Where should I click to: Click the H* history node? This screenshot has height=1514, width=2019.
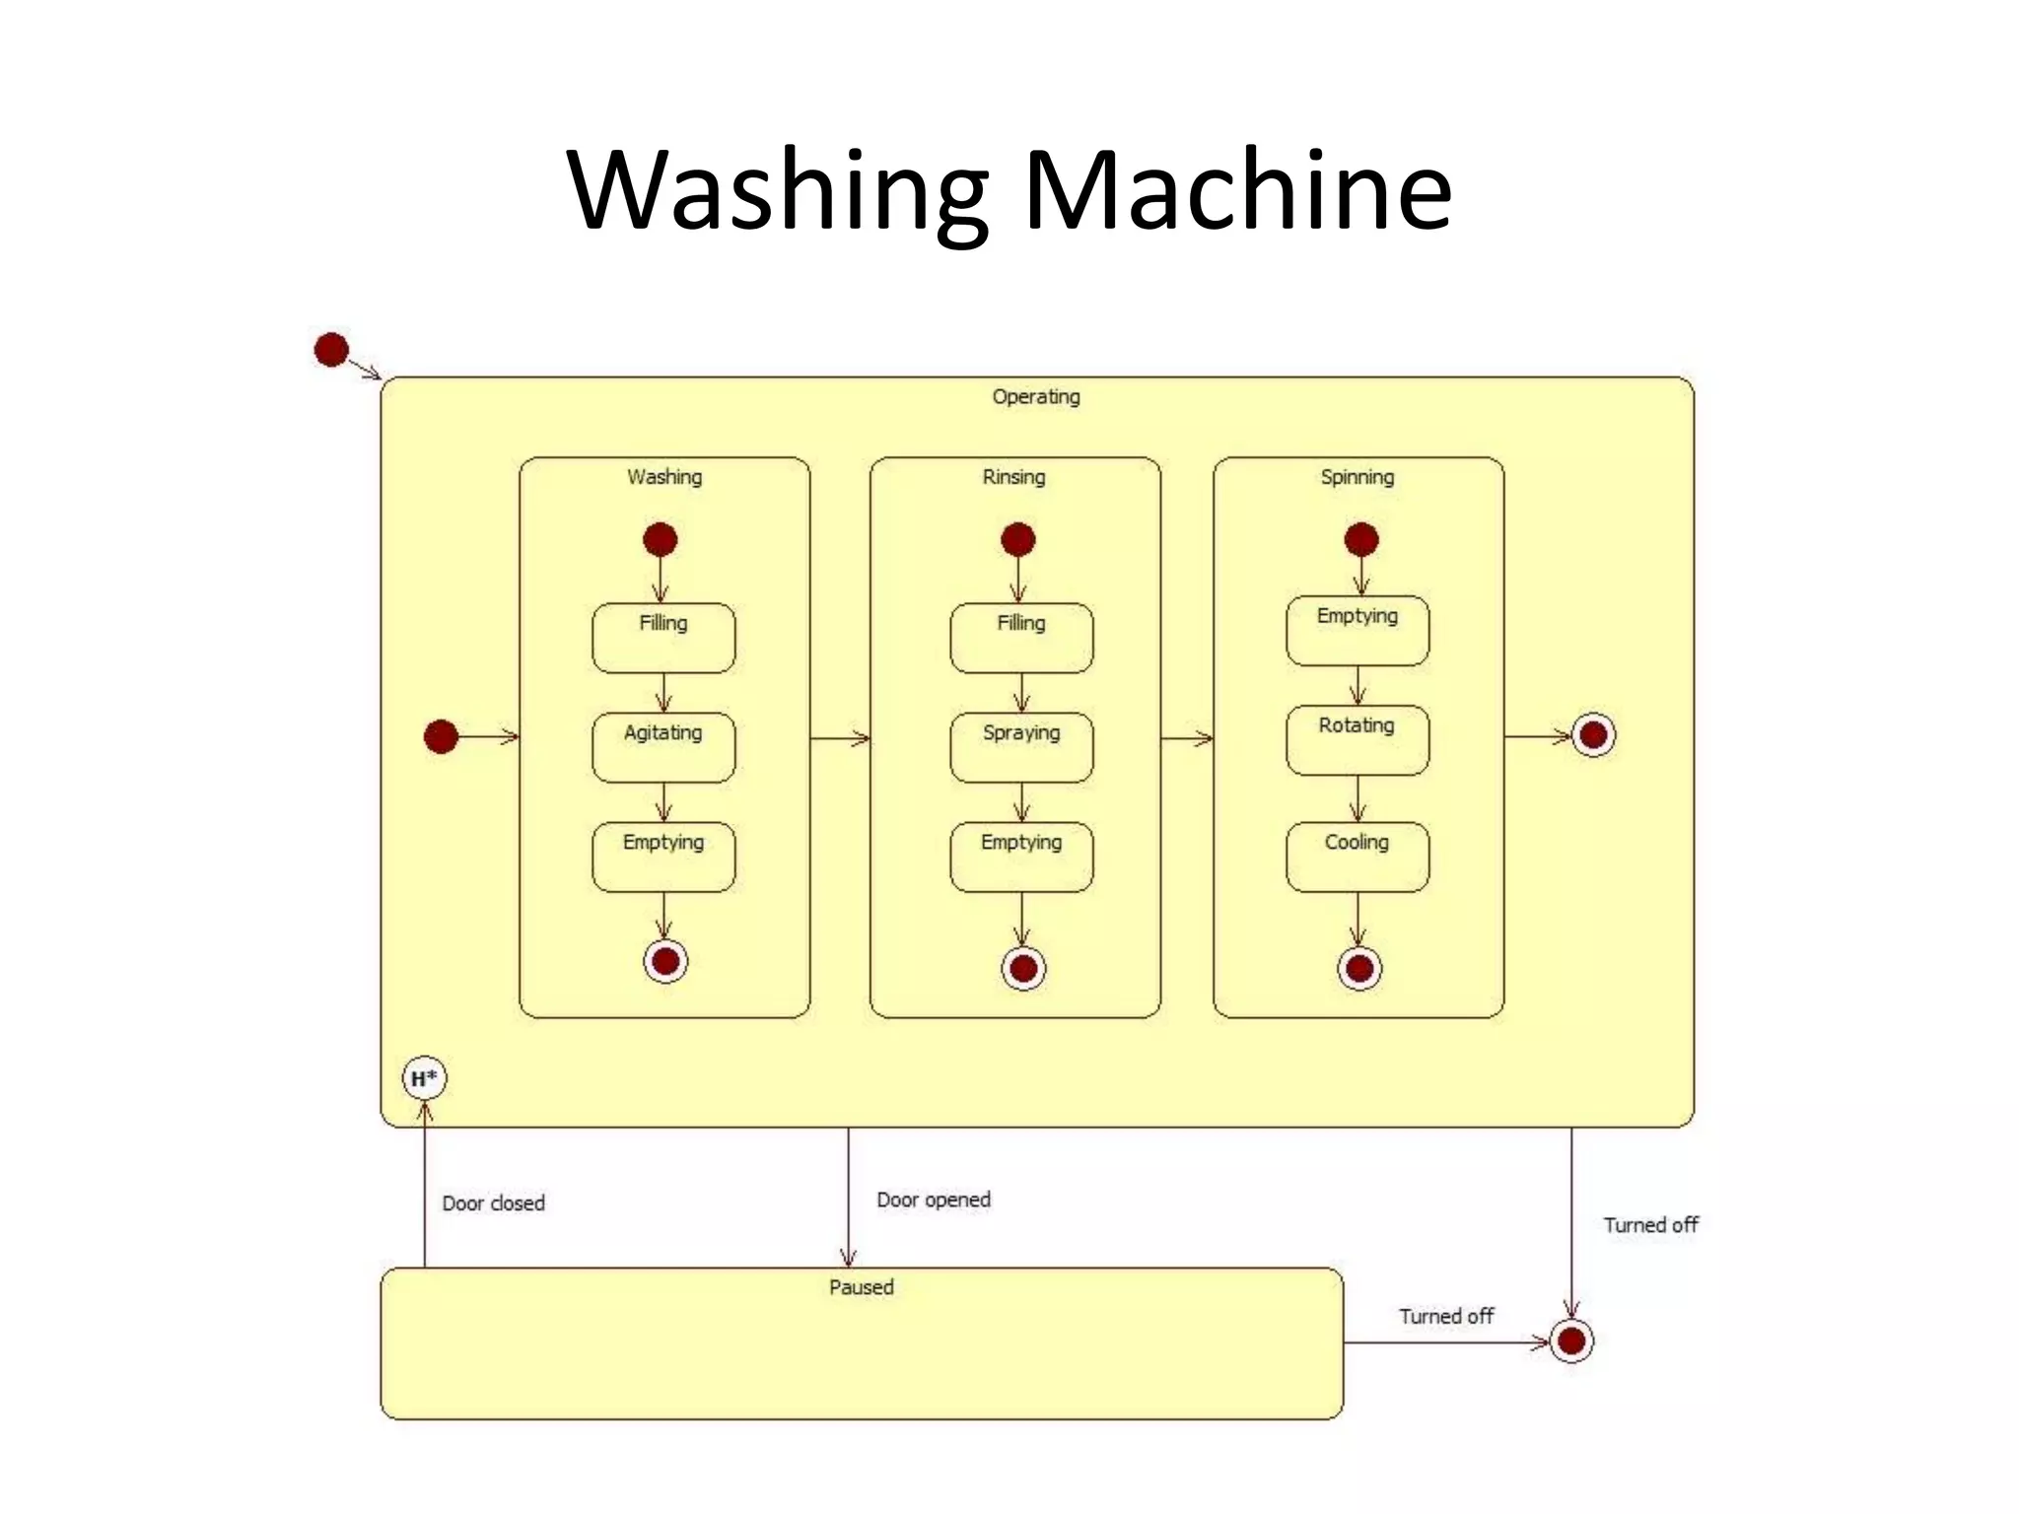pos(424,1078)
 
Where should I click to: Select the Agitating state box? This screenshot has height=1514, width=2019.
pos(663,747)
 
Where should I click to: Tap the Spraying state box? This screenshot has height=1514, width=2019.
pos(1021,747)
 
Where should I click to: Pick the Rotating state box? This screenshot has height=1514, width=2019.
pos(1357,739)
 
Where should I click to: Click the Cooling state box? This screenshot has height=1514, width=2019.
pos(1357,857)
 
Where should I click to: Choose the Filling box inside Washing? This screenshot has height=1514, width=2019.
pos(663,638)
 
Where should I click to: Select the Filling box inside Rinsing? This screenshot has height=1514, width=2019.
pos(1021,638)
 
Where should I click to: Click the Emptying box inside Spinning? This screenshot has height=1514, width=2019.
pos(1357,630)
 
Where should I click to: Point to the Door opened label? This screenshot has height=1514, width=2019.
pos(934,1200)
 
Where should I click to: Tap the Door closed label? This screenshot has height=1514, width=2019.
pos(493,1203)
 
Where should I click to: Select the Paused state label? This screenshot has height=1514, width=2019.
pos(861,1286)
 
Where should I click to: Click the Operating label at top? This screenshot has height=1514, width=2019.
pos(1035,396)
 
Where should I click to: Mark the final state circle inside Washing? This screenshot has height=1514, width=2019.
pos(665,960)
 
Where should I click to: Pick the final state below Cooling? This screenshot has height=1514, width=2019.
pos(1359,968)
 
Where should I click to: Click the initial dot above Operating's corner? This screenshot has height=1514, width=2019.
pos(331,349)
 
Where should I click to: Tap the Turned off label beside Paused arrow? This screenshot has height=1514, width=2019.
pos(1445,1316)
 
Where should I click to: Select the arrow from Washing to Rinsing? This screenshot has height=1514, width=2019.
pos(840,738)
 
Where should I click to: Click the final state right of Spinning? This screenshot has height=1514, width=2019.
pos(1593,735)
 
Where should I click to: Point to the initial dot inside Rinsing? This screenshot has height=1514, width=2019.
pos(1017,539)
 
